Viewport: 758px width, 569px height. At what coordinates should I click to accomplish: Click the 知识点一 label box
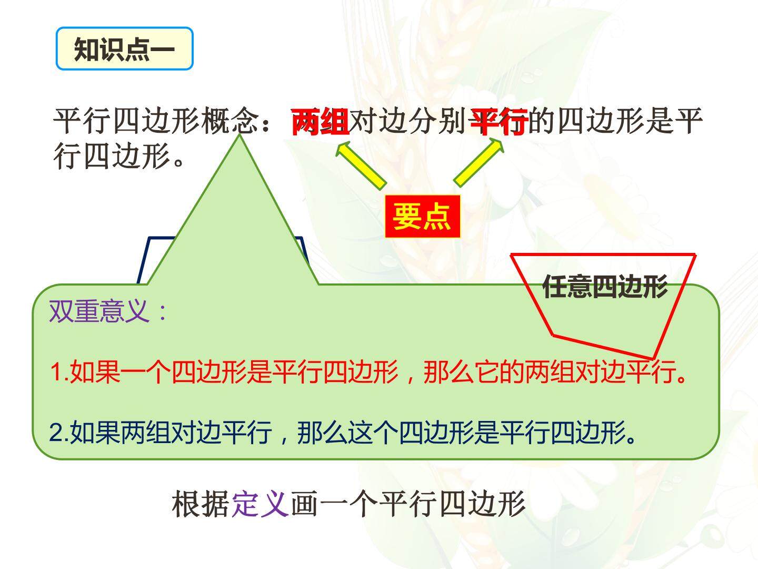point(124,48)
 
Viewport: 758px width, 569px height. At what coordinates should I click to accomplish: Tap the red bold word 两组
point(320,121)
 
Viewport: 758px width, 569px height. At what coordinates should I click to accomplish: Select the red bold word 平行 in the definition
point(500,121)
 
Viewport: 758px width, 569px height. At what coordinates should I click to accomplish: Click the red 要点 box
point(422,216)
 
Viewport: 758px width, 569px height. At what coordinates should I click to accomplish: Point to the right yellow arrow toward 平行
point(478,163)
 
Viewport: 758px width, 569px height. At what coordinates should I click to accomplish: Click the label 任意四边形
point(605,287)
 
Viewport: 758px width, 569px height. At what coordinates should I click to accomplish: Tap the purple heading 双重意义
point(99,311)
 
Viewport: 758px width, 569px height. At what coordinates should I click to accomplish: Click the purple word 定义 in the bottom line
point(260,504)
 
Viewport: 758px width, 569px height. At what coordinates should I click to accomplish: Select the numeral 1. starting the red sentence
point(59,372)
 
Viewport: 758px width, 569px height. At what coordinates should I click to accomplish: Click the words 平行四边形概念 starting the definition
point(156,121)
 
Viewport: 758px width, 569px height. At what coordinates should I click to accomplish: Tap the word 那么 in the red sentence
point(448,372)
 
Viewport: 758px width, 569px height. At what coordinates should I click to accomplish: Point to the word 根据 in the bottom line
point(201,504)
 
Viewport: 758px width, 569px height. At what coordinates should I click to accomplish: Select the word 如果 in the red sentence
point(95,372)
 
